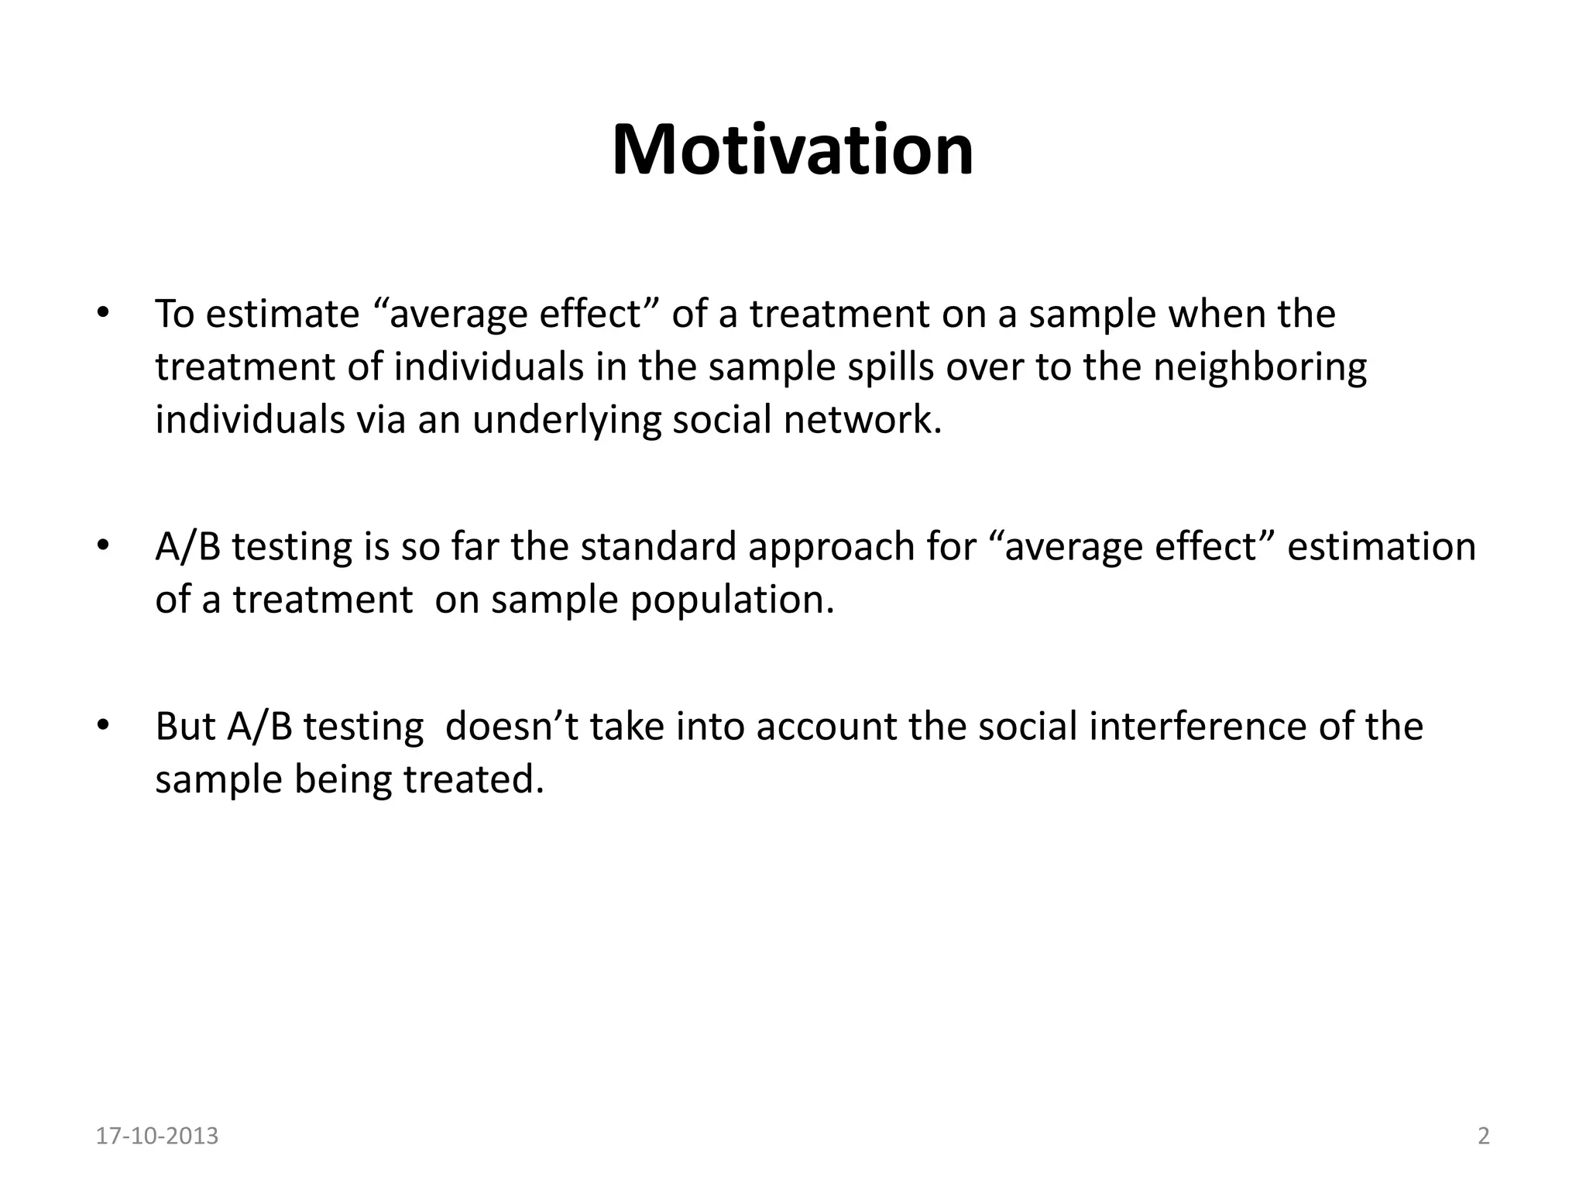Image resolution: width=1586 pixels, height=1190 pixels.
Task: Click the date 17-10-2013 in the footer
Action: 157,1137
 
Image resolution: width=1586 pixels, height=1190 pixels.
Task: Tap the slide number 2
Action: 1484,1137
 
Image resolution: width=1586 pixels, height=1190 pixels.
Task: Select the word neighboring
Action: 1260,368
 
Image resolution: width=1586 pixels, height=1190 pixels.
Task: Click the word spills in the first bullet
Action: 890,366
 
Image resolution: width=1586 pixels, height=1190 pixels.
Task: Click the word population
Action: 732,600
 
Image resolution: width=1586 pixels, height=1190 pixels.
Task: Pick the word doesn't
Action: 512,727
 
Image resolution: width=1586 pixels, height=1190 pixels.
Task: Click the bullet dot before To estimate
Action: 101,314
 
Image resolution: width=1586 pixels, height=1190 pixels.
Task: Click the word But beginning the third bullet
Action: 185,727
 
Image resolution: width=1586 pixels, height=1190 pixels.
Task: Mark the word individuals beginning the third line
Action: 249,420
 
